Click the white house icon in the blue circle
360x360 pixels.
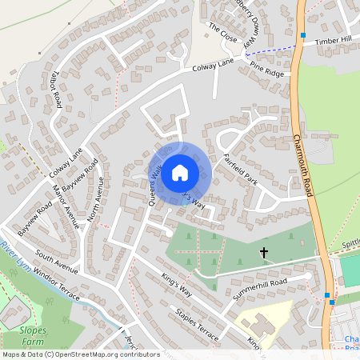(180, 172)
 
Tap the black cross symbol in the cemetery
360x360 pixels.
(264, 254)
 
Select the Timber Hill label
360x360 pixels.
(333, 40)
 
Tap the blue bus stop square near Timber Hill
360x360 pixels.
(303, 35)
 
